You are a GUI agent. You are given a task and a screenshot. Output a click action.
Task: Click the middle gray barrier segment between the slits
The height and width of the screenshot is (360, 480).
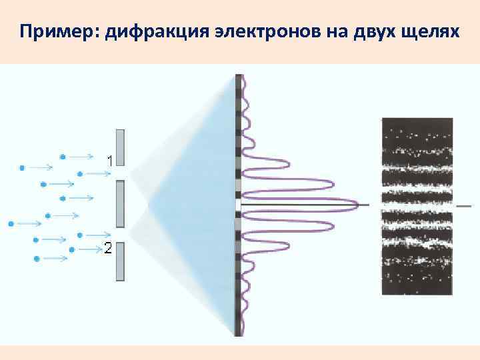(120, 203)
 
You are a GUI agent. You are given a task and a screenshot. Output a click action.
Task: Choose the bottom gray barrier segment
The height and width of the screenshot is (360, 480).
(120, 261)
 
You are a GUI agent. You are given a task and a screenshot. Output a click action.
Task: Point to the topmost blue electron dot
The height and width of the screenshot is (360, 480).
(63, 157)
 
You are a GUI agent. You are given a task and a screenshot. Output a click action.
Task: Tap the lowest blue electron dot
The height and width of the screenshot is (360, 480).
(37, 257)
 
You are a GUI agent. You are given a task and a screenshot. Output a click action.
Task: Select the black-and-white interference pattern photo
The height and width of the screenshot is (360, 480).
(417, 206)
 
